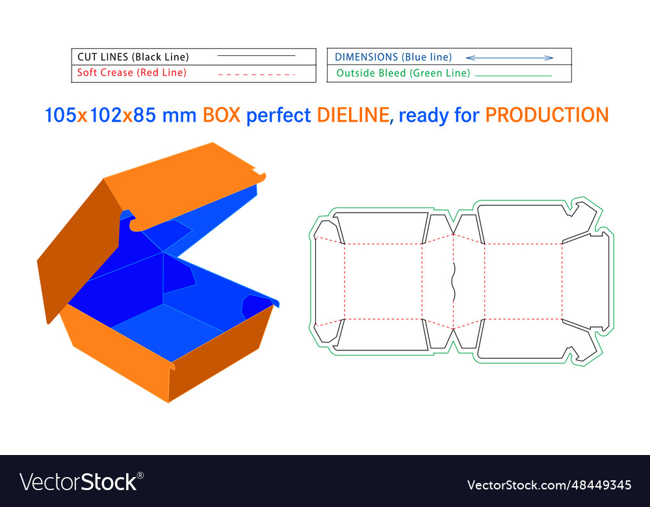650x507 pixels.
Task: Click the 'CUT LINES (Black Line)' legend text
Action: point(133,57)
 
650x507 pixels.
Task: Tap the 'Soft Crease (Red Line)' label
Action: point(132,73)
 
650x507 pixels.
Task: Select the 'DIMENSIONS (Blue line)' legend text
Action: point(393,57)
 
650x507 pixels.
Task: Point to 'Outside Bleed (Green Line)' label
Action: point(404,73)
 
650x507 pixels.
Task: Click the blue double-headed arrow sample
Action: point(510,58)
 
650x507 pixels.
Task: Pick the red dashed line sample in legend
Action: point(256,75)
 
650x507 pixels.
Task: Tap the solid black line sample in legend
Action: point(256,55)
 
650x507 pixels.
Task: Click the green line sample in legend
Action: point(513,76)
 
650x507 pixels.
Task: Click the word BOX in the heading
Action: point(222,115)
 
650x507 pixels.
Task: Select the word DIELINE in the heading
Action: point(353,115)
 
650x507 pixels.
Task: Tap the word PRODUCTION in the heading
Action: point(547,115)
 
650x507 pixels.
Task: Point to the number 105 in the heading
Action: point(60,115)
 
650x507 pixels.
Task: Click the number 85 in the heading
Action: point(144,115)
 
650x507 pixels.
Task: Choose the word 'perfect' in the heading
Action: point(278,115)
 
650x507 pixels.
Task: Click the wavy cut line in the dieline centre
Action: point(454,281)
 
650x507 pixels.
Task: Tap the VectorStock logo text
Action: point(78,482)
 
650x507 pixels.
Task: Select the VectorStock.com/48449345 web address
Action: point(549,485)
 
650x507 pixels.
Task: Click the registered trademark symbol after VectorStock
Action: point(140,476)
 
